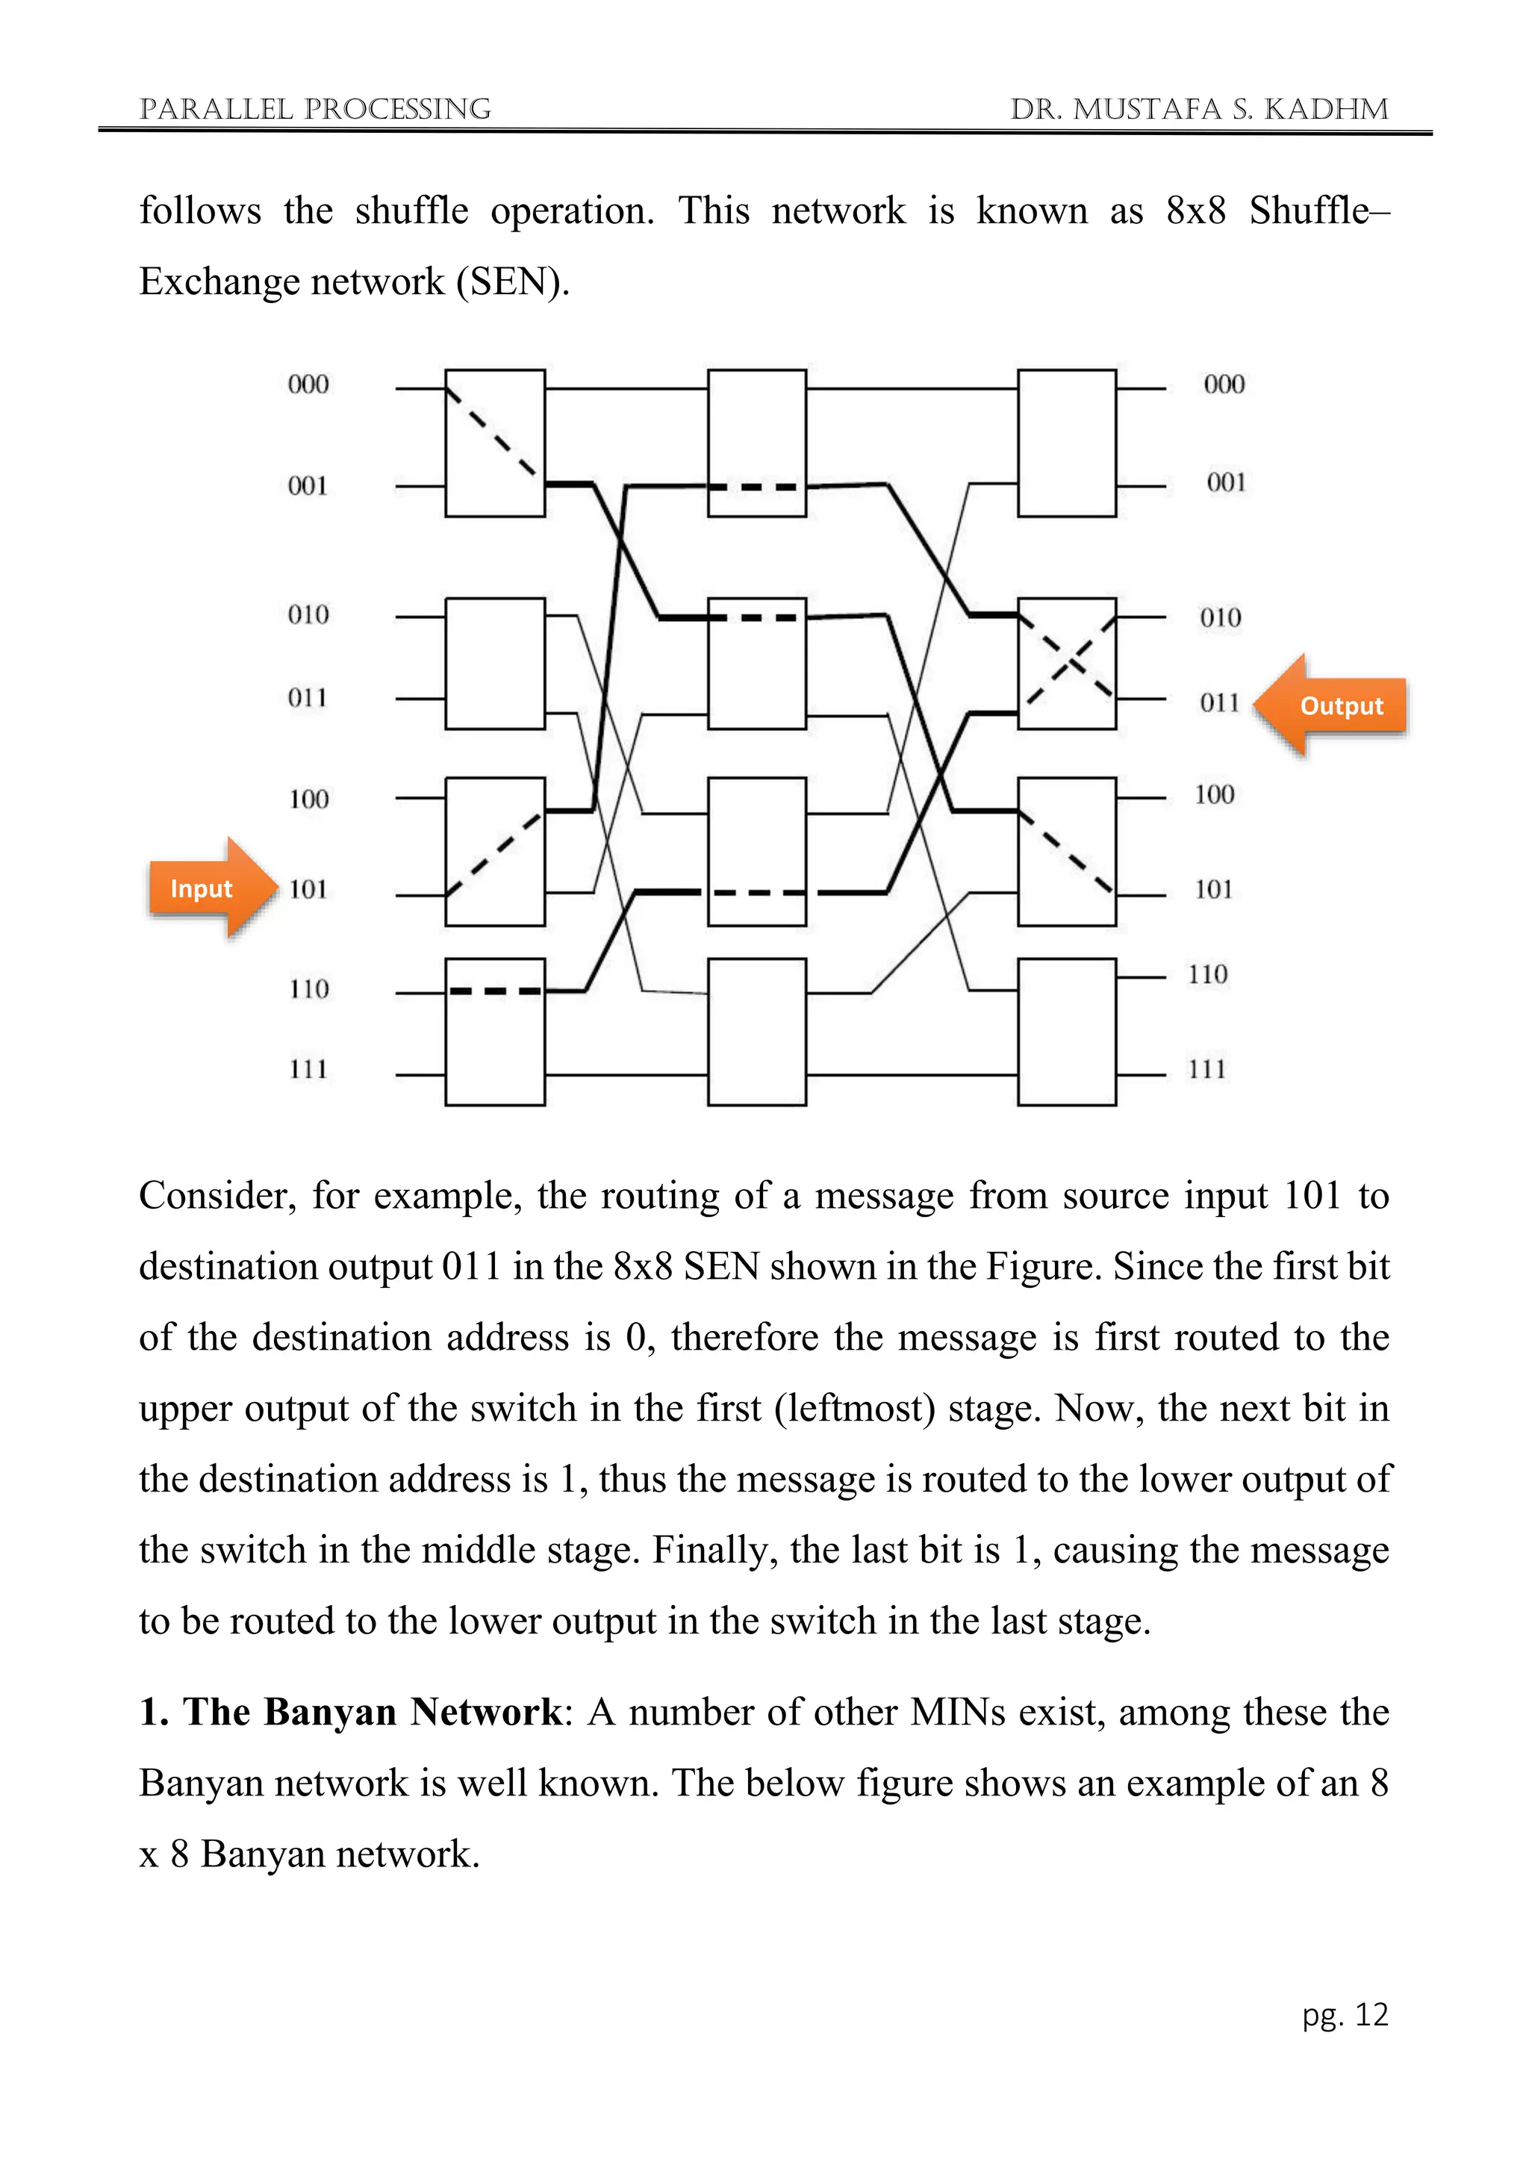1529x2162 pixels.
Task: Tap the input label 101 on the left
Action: pos(308,889)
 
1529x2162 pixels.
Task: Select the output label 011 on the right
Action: pos(1219,703)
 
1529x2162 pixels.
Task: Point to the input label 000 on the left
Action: pos(308,384)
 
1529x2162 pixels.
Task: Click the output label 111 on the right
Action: pos(1207,1069)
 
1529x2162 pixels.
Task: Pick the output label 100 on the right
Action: pos(1215,795)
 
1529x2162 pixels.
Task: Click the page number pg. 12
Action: pos(1345,2014)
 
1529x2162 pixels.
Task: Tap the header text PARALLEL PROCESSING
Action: pos(314,109)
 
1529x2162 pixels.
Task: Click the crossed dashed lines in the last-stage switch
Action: pos(1068,663)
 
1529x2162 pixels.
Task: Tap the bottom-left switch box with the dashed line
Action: pos(495,1031)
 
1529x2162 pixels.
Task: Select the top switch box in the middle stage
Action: pos(757,443)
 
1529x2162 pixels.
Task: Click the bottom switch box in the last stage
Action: pos(1068,1031)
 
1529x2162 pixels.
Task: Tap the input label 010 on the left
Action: pos(308,615)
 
